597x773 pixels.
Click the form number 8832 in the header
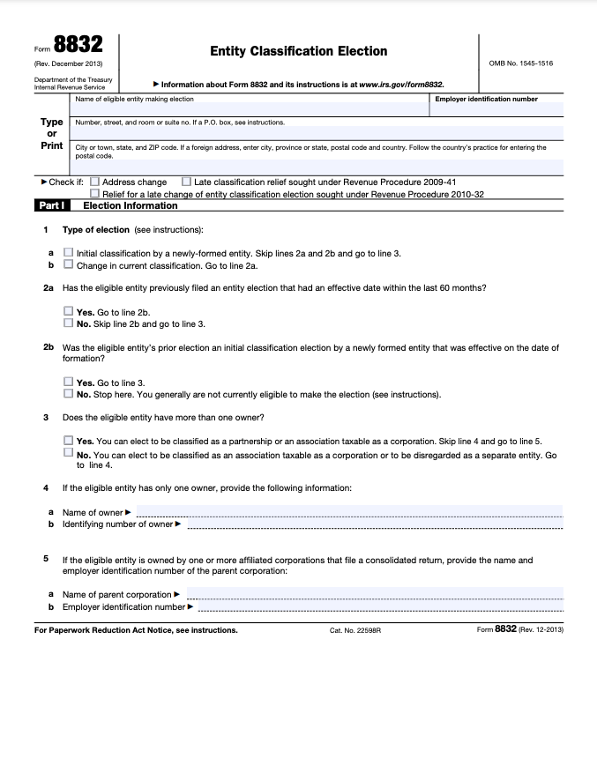click(78, 47)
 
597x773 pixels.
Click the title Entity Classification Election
click(298, 51)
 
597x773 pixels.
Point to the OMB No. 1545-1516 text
click(520, 63)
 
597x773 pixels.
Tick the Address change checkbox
click(95, 182)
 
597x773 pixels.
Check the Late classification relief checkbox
click(186, 182)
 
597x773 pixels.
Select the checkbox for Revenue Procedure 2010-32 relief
click(95, 194)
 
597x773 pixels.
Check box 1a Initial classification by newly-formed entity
click(69, 253)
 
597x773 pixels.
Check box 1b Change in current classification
click(69, 264)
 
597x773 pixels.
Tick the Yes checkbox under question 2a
click(69, 312)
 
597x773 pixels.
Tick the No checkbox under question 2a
click(69, 323)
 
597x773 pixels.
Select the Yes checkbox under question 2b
click(69, 383)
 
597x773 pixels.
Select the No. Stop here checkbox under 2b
click(69, 394)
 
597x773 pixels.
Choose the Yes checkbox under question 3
click(69, 441)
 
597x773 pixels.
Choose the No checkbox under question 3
click(69, 453)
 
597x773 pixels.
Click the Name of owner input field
click(348, 511)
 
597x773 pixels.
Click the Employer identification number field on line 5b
click(379, 606)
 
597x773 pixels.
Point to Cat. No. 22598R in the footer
click(354, 630)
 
